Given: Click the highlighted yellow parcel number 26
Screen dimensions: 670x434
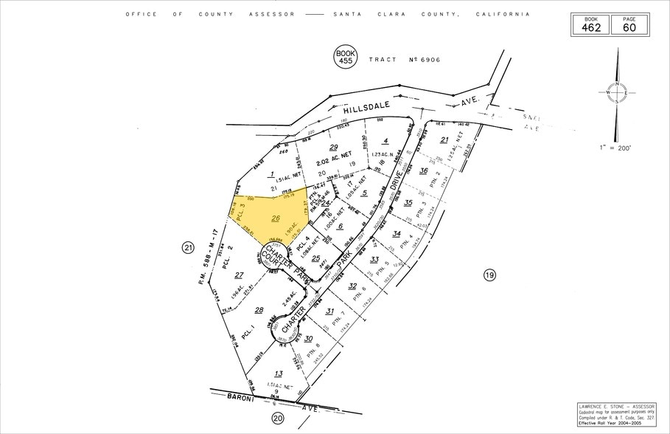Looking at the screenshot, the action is (276, 218).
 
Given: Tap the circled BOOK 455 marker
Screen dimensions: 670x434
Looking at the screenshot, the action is (345, 58).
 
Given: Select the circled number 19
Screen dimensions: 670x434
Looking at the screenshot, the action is (489, 275).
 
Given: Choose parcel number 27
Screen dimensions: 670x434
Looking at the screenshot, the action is (239, 275).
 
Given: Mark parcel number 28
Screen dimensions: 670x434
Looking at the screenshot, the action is (258, 310).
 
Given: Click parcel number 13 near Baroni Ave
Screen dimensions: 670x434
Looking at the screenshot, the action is (278, 373).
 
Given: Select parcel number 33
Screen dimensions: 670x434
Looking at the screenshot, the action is (374, 260).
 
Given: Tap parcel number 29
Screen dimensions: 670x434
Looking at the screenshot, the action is (332, 148).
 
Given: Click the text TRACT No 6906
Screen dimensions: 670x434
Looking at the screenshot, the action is (404, 59).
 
